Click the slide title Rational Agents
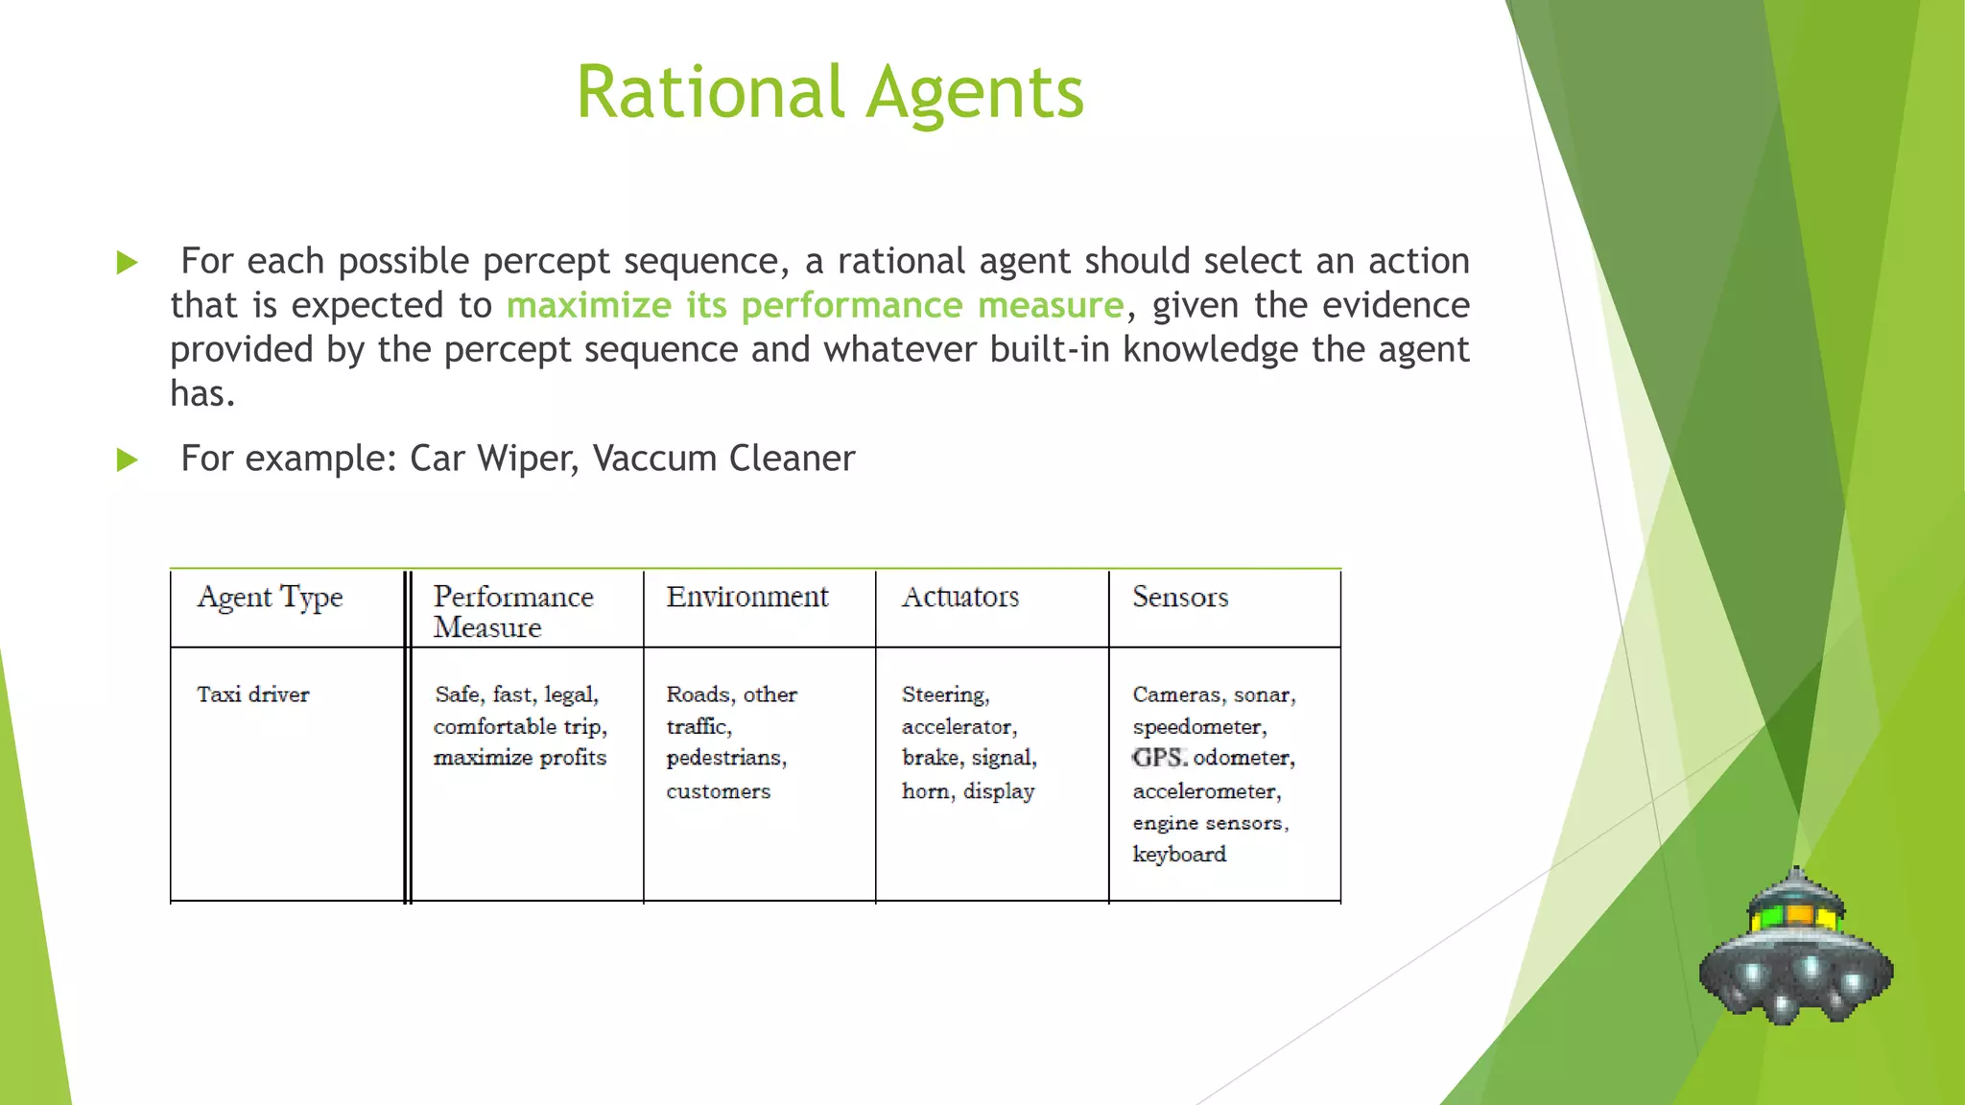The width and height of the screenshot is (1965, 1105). [830, 92]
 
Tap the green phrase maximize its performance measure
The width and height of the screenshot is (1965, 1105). [815, 305]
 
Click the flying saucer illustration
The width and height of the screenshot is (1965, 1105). [1795, 950]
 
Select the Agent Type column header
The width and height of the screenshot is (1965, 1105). [270, 598]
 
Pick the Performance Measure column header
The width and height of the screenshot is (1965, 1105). [513, 611]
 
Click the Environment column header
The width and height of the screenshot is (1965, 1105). [746, 597]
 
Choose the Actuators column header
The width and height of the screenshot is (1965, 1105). [959, 597]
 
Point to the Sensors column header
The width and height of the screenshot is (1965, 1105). [1179, 597]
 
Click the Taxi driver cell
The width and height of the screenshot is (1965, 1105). [253, 694]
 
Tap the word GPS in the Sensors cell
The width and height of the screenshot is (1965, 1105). [1159, 758]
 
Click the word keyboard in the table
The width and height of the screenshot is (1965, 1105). [1179, 854]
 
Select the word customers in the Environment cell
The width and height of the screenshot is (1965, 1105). [718, 791]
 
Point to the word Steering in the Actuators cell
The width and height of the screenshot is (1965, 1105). [944, 694]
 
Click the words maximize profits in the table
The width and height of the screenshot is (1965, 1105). [520, 758]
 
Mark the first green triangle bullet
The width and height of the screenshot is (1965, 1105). [127, 262]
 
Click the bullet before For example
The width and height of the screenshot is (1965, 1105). [127, 459]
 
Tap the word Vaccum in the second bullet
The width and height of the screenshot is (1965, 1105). [655, 458]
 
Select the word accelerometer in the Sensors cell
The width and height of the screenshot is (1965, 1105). [1206, 791]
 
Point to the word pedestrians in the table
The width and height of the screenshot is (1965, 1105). [725, 758]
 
